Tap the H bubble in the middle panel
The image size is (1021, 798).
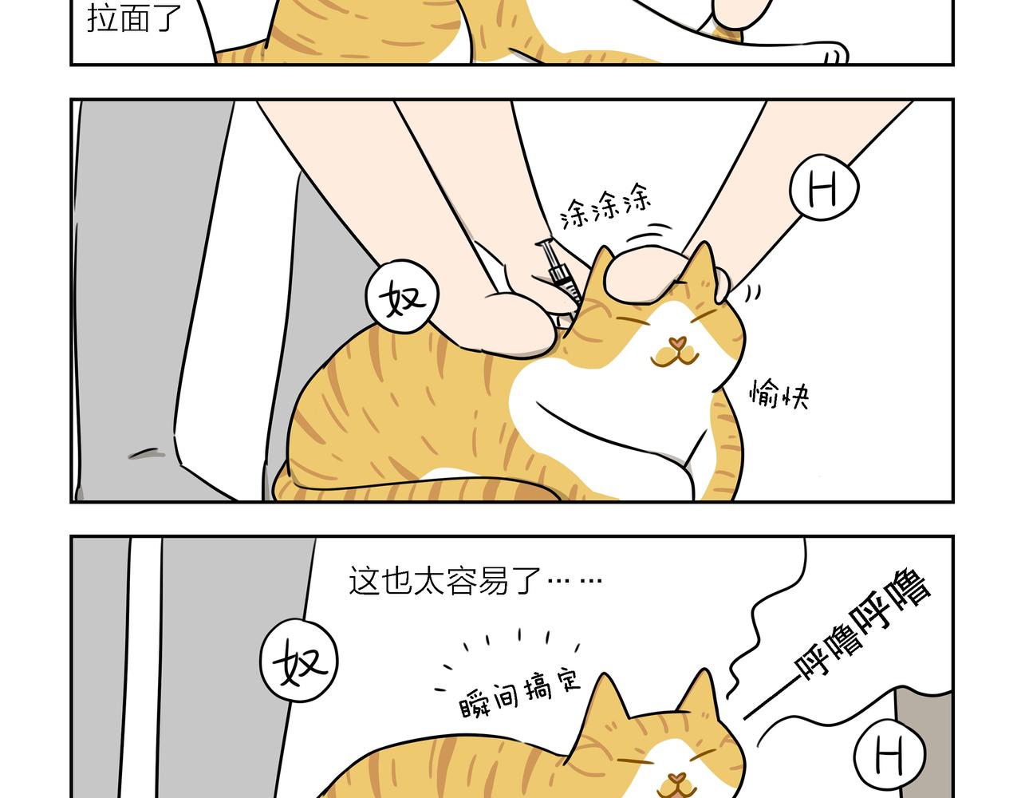pyautogui.click(x=824, y=189)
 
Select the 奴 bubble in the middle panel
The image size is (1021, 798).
pyautogui.click(x=402, y=298)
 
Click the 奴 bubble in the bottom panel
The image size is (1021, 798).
pyautogui.click(x=299, y=662)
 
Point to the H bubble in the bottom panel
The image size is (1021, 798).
pyautogui.click(x=890, y=754)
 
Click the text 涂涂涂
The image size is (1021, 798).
pyautogui.click(x=607, y=207)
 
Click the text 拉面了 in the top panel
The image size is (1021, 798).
pyautogui.click(x=135, y=18)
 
